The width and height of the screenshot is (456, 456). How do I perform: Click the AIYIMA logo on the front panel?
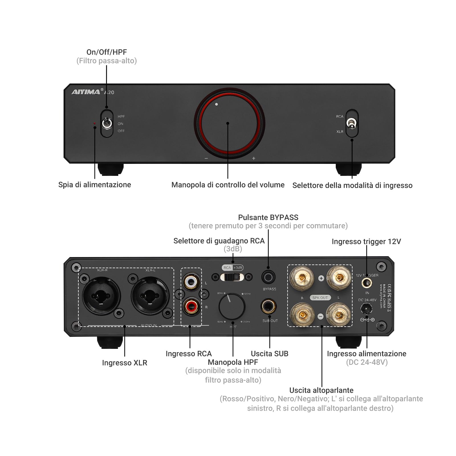(86, 92)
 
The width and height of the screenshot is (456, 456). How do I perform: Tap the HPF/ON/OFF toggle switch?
(107, 123)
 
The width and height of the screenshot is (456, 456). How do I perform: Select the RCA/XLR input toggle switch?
(352, 124)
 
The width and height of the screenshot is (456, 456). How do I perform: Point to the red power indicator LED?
(95, 123)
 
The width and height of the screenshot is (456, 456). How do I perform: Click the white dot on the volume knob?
(217, 104)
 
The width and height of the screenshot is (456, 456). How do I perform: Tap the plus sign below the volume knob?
(254, 158)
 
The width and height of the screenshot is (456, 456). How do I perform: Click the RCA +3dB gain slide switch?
(232, 277)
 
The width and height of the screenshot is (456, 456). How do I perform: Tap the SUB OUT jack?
(268, 307)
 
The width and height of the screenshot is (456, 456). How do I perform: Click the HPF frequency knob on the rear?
(232, 307)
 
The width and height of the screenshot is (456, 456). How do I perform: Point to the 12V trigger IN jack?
(367, 283)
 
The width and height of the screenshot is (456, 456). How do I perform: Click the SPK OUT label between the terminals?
(320, 298)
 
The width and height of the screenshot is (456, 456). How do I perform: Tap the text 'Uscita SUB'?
(270, 354)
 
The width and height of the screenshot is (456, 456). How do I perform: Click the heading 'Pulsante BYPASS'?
(268, 217)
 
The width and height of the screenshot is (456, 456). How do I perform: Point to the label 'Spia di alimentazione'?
(95, 185)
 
